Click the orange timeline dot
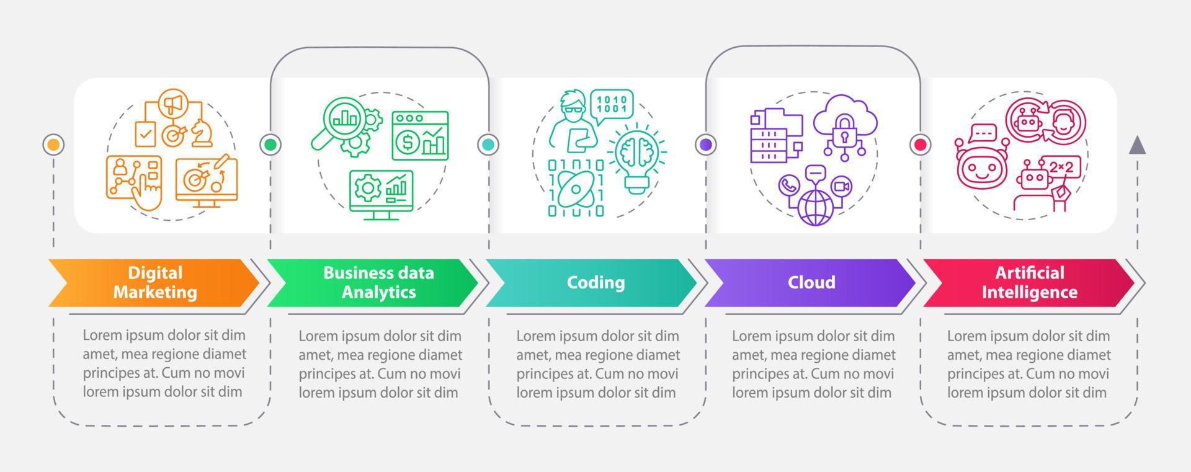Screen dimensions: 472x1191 click(54, 145)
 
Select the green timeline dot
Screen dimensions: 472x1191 click(270, 145)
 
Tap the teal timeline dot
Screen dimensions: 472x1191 click(488, 145)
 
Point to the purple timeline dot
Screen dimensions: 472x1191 click(705, 145)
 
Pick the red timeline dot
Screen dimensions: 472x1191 click(921, 145)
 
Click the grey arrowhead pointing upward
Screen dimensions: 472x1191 click(1137, 145)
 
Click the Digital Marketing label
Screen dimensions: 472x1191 click(155, 282)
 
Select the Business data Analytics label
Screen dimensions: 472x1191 click(378, 282)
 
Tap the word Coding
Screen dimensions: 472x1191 click(595, 282)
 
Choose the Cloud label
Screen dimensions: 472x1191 click(811, 282)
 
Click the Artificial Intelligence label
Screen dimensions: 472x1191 click(1029, 282)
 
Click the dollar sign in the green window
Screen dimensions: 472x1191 click(408, 143)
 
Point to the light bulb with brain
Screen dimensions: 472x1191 click(635, 158)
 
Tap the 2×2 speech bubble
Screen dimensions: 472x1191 click(1061, 166)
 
